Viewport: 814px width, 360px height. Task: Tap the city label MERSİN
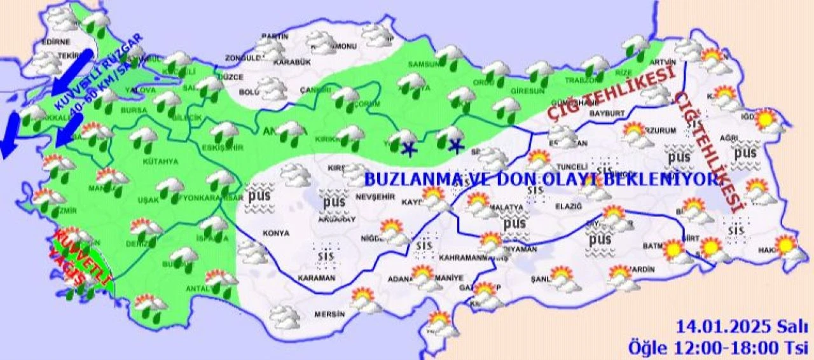click(329, 314)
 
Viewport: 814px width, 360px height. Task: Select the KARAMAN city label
click(316, 278)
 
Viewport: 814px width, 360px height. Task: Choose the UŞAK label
click(148, 200)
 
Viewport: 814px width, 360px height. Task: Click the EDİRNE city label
click(55, 42)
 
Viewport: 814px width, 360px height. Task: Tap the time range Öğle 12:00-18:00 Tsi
click(717, 348)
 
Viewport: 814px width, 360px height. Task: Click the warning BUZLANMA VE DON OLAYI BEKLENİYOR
click(541, 179)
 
